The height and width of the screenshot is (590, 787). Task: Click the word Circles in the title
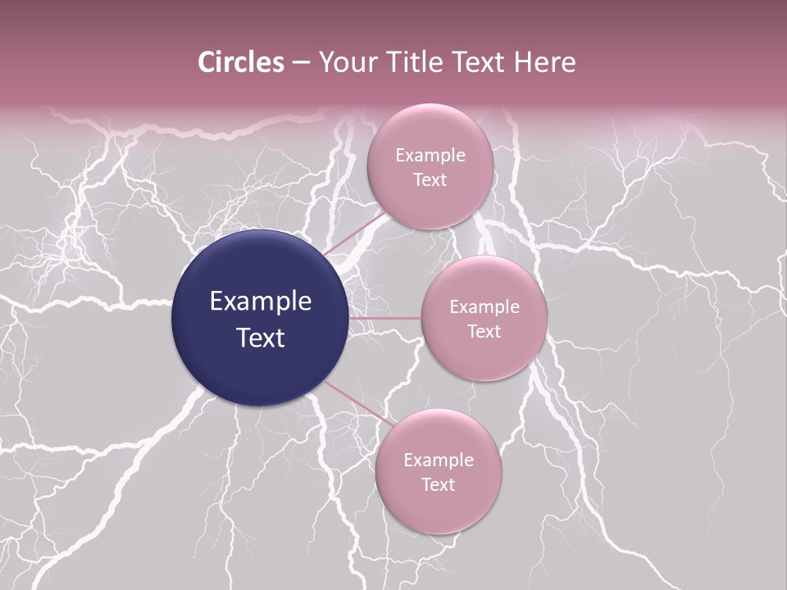(x=241, y=62)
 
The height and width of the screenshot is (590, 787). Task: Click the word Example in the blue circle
(x=260, y=302)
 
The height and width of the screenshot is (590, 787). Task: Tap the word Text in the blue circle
(x=260, y=338)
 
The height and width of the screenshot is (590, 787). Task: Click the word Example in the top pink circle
(x=430, y=156)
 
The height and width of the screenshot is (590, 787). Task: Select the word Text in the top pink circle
(x=430, y=180)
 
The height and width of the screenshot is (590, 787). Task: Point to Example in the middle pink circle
(x=484, y=307)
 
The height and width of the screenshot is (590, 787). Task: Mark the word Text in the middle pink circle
(x=484, y=332)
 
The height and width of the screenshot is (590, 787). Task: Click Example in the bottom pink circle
(x=438, y=461)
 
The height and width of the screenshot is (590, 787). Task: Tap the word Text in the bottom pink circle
(x=438, y=485)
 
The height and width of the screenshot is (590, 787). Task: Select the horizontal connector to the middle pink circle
(x=384, y=318)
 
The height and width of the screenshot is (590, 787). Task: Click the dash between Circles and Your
(x=300, y=63)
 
